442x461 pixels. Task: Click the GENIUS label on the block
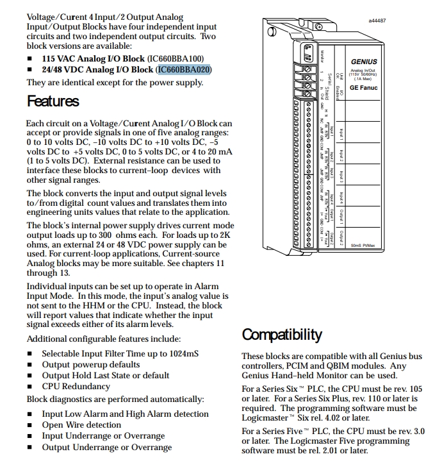click(x=364, y=62)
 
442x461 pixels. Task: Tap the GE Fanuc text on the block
click(x=364, y=88)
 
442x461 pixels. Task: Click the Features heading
click(x=53, y=101)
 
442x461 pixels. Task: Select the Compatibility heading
click(x=281, y=335)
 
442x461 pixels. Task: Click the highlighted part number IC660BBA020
click(x=184, y=69)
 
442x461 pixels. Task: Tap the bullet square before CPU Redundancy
click(x=29, y=387)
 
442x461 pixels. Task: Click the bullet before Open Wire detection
click(x=29, y=425)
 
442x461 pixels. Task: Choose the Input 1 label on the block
click(x=341, y=133)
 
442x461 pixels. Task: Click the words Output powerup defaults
click(x=90, y=364)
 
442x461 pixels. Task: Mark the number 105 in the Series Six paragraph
click(x=416, y=389)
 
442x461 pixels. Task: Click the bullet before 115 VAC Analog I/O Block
click(x=29, y=58)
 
